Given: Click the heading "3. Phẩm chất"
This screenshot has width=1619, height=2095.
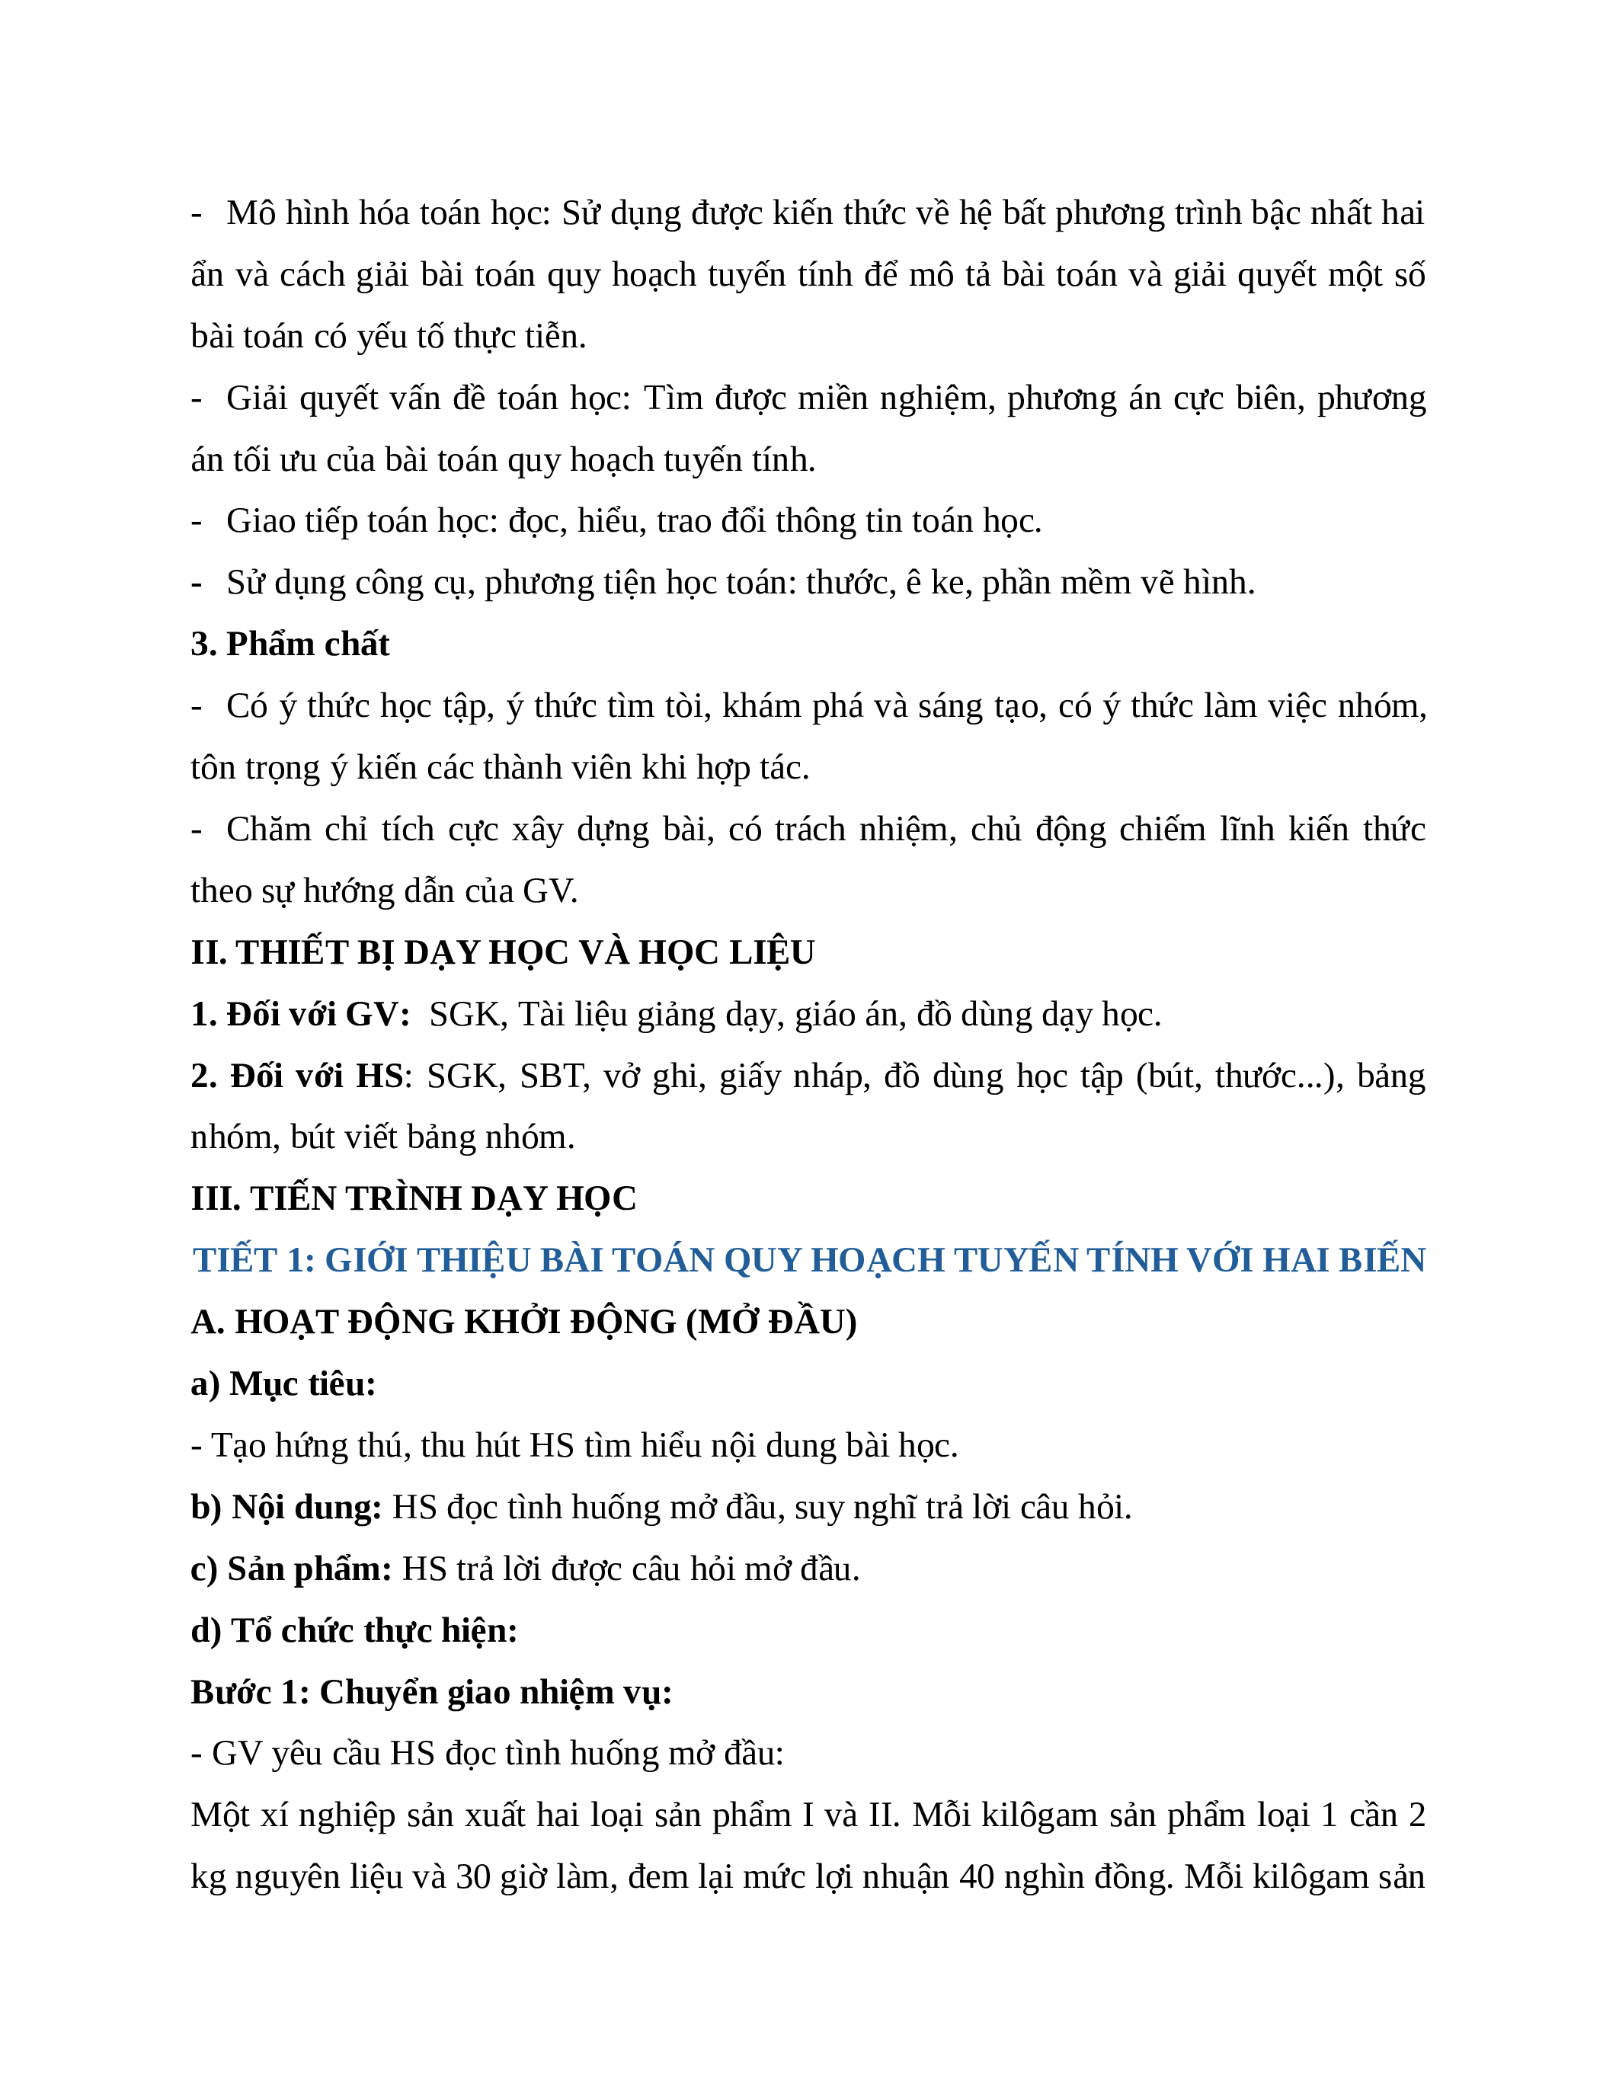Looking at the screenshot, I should (x=290, y=644).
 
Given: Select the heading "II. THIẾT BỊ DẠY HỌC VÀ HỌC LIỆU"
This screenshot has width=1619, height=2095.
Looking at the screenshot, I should (x=503, y=952).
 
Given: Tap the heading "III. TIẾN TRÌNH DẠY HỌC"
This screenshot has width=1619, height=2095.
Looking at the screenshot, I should (x=414, y=1198).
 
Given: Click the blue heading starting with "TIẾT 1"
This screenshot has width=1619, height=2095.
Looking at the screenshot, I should (x=808, y=1259).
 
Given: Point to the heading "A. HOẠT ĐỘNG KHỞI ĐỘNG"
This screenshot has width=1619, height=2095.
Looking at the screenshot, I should (x=523, y=1322).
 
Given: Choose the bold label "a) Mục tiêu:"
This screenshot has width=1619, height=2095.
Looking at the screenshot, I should (x=283, y=1383).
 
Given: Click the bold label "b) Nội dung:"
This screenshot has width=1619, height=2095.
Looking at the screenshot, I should (x=286, y=1507).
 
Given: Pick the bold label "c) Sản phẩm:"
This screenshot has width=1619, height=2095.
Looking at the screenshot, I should (x=290, y=1569).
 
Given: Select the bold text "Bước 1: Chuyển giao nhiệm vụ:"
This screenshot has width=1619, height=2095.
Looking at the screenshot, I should (x=430, y=1692).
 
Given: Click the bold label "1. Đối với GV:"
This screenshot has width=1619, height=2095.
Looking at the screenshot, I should (x=300, y=1014).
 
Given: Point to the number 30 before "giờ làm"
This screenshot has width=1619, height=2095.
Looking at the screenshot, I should (x=473, y=1876).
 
